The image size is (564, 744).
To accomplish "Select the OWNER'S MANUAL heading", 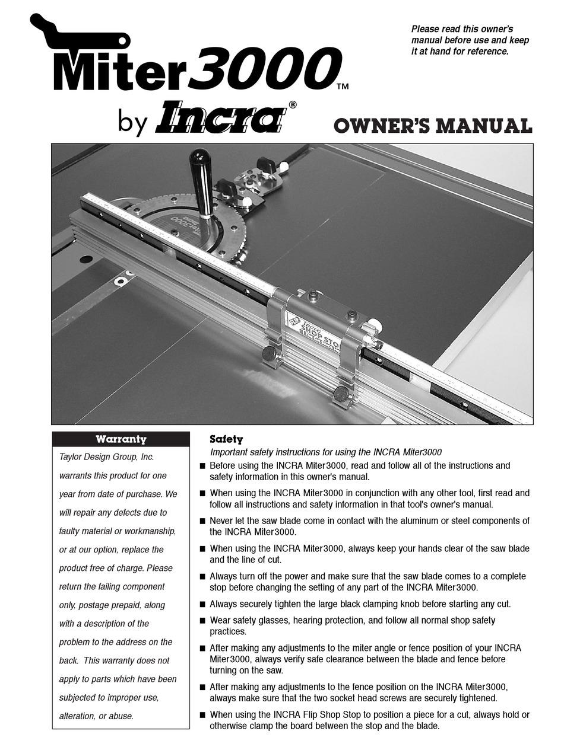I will click(433, 126).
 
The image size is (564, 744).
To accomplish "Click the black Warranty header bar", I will click(121, 439).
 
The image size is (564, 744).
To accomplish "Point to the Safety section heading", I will click(226, 439).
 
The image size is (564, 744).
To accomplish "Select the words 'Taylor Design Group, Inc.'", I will click(106, 457).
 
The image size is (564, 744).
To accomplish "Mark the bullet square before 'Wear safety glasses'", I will click(203, 620).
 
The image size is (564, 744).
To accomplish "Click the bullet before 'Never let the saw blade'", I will click(203, 521).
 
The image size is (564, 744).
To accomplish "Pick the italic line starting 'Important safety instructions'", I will click(325, 452).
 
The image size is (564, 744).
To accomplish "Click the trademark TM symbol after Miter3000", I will click(343, 87).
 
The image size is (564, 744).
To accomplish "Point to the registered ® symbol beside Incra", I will click(293, 104).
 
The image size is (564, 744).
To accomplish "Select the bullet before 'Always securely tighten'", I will click(203, 604).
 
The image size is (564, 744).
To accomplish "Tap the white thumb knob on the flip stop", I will click(375, 325).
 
